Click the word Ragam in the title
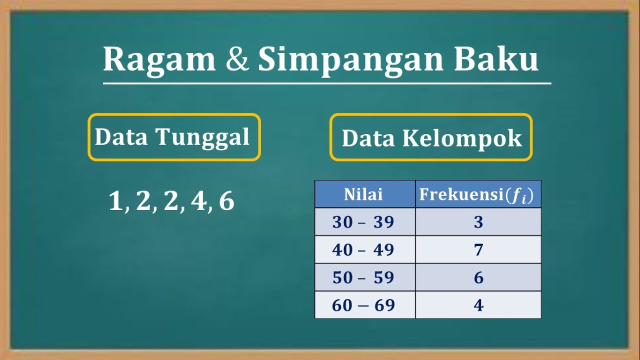tap(159, 60)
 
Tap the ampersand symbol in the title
tap(237, 60)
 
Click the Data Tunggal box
tap(174, 137)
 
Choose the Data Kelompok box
tap(431, 137)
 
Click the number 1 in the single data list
tap(115, 201)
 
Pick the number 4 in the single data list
tap(198, 201)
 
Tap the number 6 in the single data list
tap(226, 201)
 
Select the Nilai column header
tap(363, 194)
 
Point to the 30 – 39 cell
tap(363, 222)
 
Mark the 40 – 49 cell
tap(363, 249)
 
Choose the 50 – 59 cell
tap(363, 277)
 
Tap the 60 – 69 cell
tap(363, 305)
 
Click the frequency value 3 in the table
tap(478, 222)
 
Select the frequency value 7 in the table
tap(478, 249)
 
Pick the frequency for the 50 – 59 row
tap(478, 277)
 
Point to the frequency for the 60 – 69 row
tap(478, 305)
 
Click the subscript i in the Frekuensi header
tap(523, 199)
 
